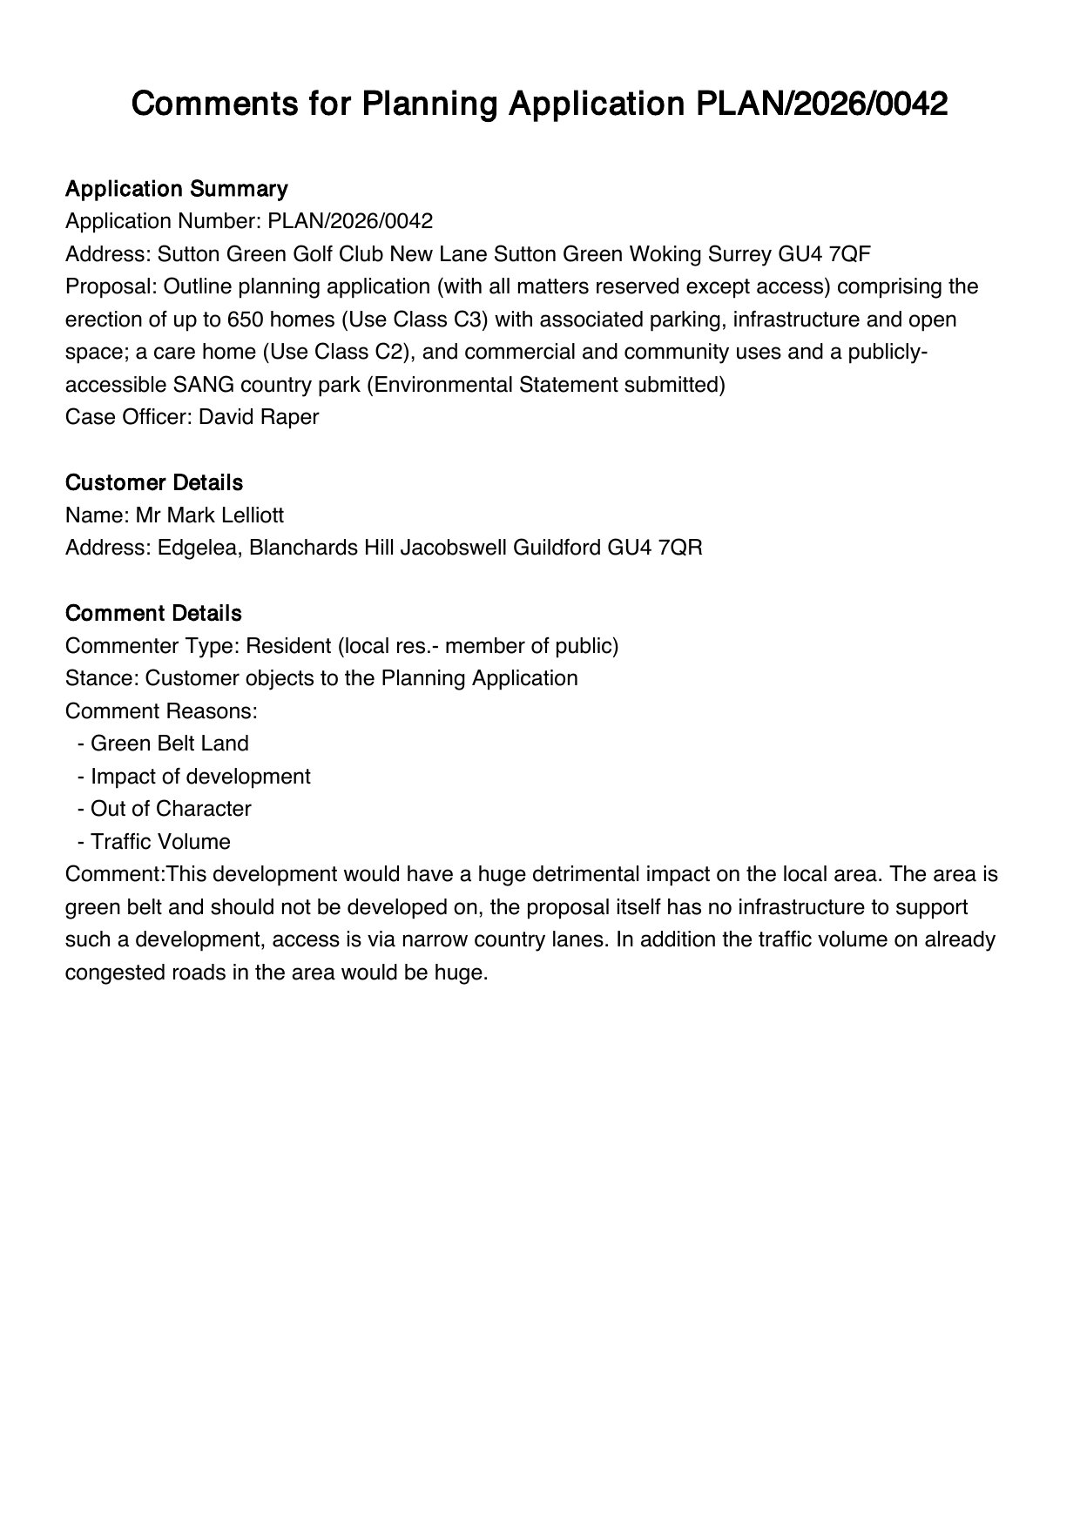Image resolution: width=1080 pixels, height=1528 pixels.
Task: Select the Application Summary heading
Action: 176,189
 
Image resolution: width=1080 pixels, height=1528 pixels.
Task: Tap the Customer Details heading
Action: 154,482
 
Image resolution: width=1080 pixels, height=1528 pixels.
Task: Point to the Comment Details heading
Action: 153,613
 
